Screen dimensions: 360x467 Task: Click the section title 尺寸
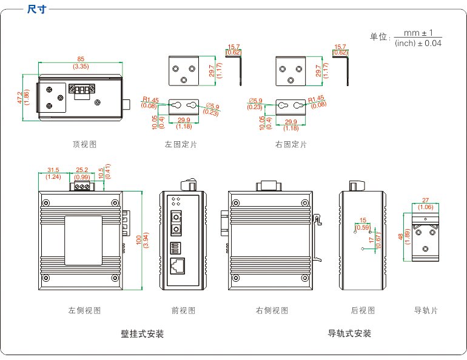coord(36,10)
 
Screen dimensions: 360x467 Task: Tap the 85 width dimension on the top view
coord(81,59)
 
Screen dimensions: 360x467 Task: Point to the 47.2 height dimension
coord(20,98)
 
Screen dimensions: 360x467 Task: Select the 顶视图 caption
coord(84,144)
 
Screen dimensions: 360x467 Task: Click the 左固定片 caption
coord(181,144)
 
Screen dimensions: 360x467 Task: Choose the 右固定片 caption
coord(291,144)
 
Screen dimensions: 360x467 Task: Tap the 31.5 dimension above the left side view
coord(53,170)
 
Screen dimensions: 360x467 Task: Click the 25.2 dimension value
coord(82,170)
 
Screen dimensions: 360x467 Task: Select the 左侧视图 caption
coord(84,310)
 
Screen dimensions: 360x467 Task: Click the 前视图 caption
coord(183,310)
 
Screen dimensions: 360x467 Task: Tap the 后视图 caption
coord(363,310)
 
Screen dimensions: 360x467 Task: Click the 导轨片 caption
coord(426,310)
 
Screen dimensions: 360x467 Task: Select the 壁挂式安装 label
coord(143,333)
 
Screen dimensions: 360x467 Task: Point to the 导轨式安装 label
coord(349,333)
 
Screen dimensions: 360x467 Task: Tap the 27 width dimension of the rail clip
coord(425,200)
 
